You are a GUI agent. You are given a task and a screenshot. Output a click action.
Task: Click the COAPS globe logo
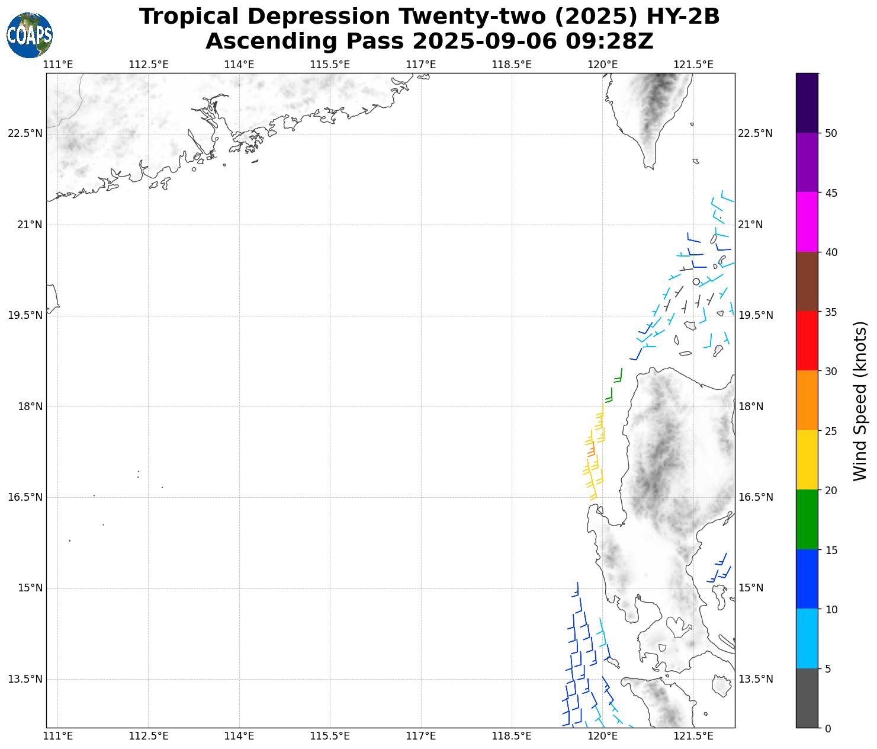coord(30,35)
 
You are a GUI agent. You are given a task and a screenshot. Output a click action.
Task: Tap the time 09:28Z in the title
coord(609,41)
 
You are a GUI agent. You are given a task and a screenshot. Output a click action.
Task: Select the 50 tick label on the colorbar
coord(831,133)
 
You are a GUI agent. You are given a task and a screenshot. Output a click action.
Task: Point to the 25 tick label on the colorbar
coord(831,431)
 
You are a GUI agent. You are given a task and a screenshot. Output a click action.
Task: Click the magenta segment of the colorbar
coord(807,222)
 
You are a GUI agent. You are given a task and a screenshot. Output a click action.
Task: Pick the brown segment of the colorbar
coord(807,281)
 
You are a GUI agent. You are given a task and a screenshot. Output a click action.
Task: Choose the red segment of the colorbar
coord(807,341)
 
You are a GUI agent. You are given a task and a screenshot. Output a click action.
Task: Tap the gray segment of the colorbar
coord(807,698)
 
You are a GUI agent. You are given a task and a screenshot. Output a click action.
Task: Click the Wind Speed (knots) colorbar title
coord(860,401)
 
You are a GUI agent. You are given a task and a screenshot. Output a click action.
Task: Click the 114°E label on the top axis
coord(239,65)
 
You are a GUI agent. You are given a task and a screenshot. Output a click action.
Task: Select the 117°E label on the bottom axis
coord(421,737)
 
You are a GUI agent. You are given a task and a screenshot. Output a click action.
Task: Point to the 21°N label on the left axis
coord(25,225)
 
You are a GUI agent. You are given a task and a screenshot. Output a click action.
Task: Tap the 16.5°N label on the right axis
coord(755,497)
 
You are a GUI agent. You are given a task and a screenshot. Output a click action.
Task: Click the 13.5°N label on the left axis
coord(25,679)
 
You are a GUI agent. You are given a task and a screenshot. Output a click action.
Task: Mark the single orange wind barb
coord(591,452)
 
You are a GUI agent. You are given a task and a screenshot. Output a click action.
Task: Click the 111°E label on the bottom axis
coord(58,737)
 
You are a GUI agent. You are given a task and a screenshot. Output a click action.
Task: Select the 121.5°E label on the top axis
coord(693,65)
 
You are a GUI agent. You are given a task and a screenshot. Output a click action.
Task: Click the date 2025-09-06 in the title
coord(485,41)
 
